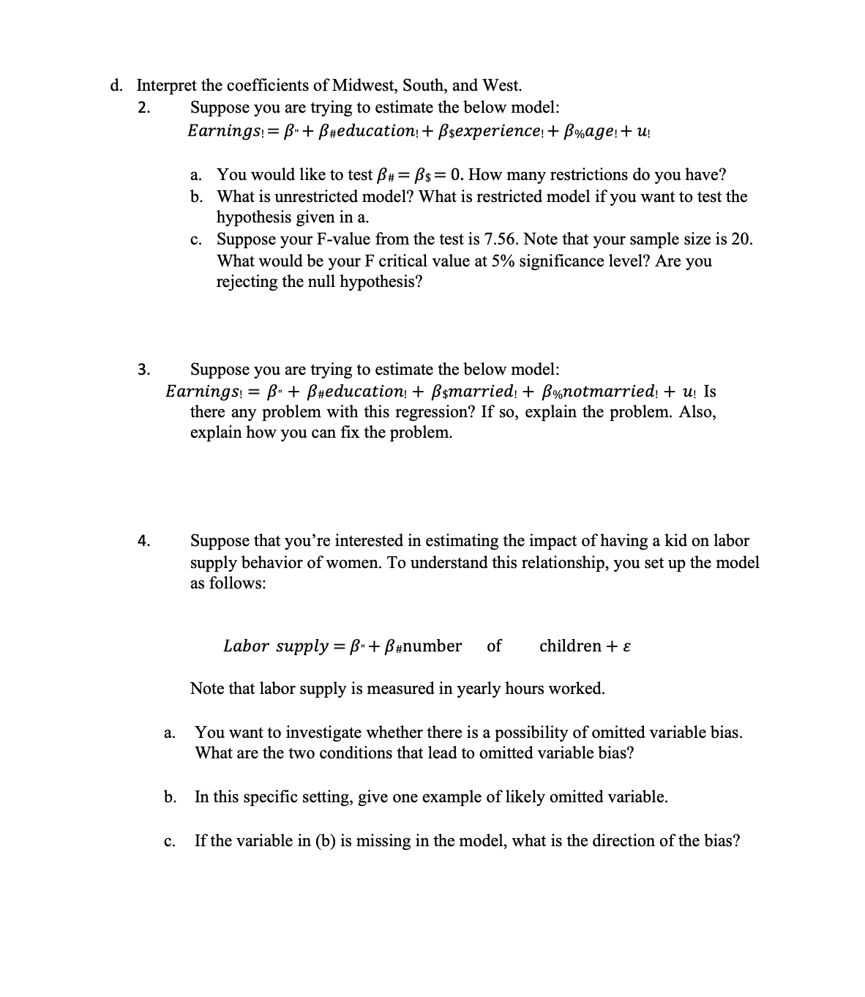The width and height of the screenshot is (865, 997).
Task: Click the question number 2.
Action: click(144, 108)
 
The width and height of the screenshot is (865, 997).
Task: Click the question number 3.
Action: click(144, 369)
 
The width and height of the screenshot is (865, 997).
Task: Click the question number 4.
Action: click(144, 542)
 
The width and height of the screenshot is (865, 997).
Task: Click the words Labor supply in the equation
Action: click(275, 646)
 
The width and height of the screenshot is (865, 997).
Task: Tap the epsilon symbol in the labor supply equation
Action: click(626, 646)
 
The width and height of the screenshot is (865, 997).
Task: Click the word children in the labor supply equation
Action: click(570, 646)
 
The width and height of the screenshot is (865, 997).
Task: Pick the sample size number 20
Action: click(740, 239)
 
